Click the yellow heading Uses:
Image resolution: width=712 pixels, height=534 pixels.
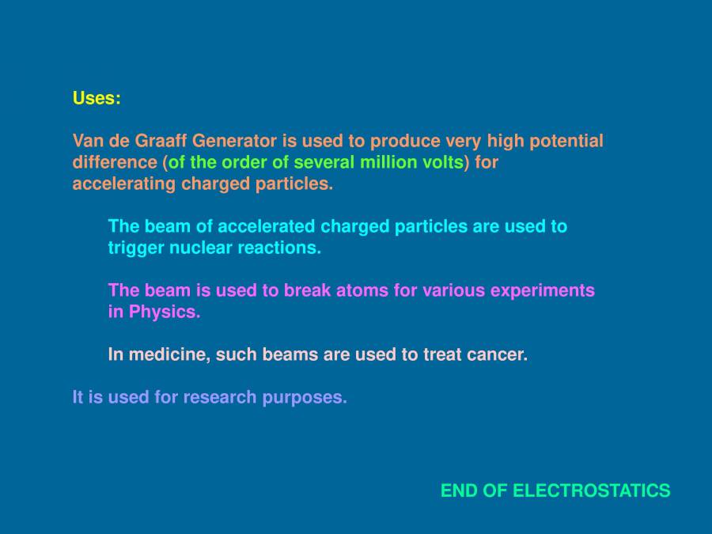click(x=97, y=98)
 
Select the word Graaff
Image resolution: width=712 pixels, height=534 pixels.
click(x=162, y=141)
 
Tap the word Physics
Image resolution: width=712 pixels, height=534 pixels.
click(x=165, y=312)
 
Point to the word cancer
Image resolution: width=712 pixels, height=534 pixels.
click(x=497, y=354)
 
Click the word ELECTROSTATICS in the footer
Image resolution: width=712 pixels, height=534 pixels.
click(x=592, y=490)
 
